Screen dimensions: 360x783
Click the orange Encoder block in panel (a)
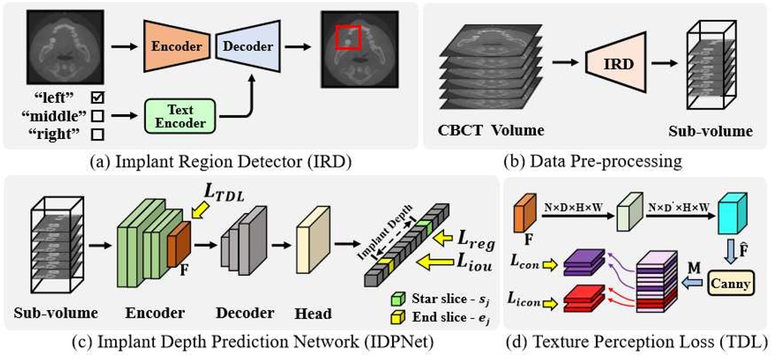[175, 47]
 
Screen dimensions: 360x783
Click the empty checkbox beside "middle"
[97, 116]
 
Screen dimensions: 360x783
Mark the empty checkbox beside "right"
[97, 134]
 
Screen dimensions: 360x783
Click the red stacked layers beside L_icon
[582, 299]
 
